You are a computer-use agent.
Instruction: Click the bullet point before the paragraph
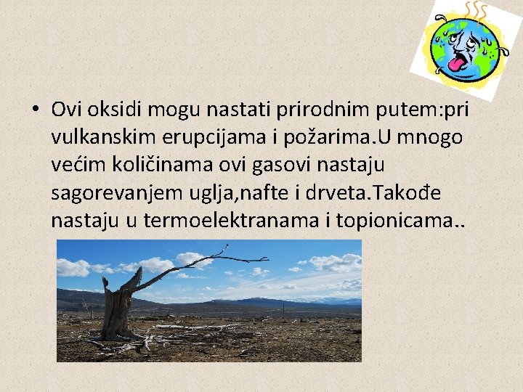click(35, 110)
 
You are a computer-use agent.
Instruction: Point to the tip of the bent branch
click(266, 259)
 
